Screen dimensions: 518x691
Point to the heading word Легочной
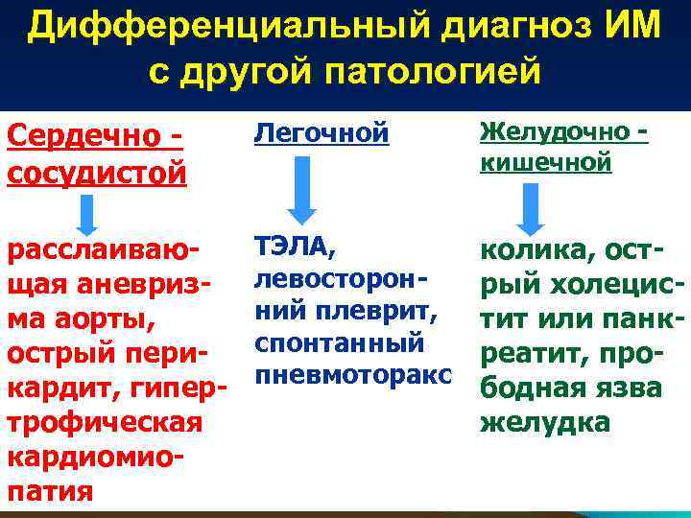321,135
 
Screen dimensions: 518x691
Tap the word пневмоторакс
347,343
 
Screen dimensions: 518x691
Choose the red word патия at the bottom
50,491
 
